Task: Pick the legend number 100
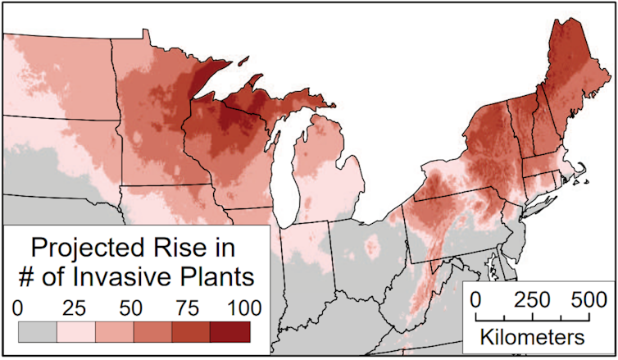pyautogui.click(x=243, y=308)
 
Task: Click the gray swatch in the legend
pyautogui.click(x=38, y=331)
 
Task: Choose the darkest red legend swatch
pyautogui.click(x=229, y=331)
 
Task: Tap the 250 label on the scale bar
pyautogui.click(x=532, y=297)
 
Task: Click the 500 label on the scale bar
pyautogui.click(x=587, y=297)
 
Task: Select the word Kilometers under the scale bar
pyautogui.click(x=534, y=337)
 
